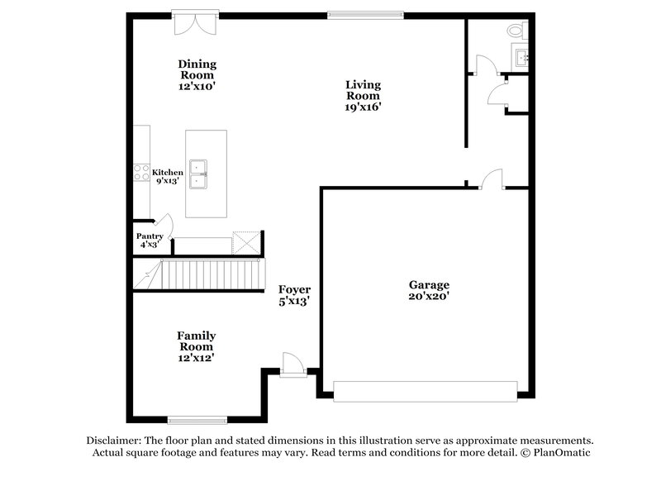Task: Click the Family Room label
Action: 197,341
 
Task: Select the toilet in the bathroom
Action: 516,31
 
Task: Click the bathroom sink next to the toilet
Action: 522,59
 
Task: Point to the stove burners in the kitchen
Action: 141,174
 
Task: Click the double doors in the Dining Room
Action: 196,21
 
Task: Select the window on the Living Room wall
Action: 365,14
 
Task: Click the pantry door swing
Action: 164,224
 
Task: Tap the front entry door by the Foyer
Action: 292,364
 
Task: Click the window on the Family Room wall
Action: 197,419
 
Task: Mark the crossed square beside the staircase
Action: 246,242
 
